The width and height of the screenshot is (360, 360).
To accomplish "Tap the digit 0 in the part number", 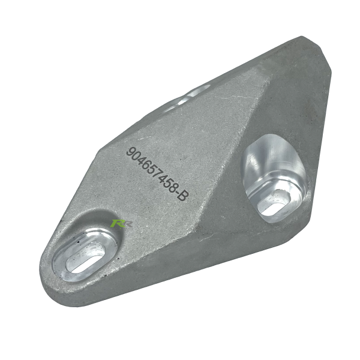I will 136,155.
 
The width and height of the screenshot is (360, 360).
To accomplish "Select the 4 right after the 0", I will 141,160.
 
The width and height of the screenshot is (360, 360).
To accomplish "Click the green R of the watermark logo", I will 116,223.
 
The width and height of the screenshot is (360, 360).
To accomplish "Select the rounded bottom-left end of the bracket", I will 51,276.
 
